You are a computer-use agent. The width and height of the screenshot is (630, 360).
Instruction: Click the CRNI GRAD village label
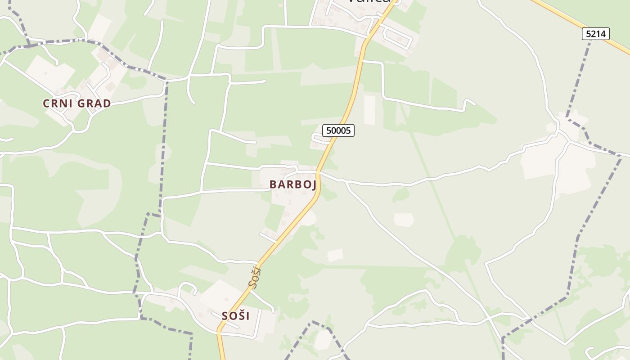pos(77,103)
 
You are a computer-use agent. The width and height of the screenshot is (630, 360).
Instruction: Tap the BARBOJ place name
pos(293,184)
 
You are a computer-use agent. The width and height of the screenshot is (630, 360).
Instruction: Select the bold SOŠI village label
pos(235,316)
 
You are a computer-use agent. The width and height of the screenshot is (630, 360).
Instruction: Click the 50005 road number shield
pos(338,130)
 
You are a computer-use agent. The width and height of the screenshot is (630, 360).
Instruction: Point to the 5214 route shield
pos(596,34)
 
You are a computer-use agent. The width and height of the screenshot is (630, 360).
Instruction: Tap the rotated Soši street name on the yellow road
pos(255,277)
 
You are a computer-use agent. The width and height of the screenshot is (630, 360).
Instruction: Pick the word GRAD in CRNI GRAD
pos(94,103)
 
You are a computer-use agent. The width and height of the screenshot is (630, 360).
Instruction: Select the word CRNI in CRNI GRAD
pos(57,103)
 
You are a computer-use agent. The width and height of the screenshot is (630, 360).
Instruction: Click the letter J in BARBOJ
pos(314,185)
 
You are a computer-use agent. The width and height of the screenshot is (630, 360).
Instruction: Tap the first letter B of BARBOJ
pos(273,184)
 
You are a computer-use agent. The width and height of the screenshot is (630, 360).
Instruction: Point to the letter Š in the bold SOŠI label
pos(241,316)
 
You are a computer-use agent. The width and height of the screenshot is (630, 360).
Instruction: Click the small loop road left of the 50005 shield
pos(317,139)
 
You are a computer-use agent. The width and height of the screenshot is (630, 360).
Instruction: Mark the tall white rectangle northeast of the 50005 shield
pos(369,110)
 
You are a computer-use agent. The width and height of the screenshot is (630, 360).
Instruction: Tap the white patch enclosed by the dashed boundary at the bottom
pos(323,340)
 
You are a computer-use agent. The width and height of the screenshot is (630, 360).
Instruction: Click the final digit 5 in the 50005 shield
pos(350,130)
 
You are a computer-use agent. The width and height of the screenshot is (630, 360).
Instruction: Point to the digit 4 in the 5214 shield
pos(605,34)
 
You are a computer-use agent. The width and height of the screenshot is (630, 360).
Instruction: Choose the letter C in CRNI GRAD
pos(46,103)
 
